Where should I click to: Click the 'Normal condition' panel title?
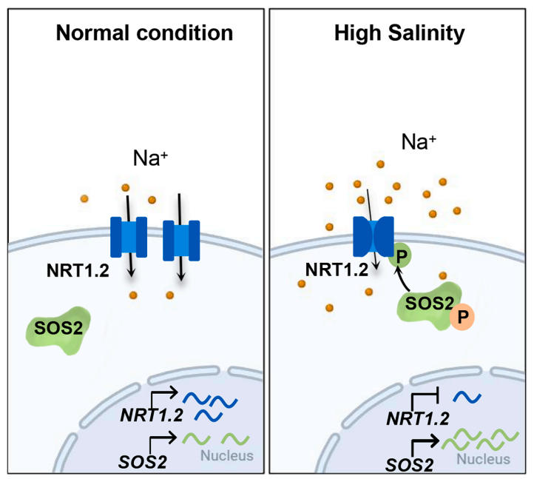[x=145, y=33]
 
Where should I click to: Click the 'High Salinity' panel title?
[x=399, y=33]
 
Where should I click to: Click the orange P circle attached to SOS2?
[x=462, y=315]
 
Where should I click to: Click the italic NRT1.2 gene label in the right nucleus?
[x=417, y=418]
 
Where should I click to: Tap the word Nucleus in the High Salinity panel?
[x=483, y=458]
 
